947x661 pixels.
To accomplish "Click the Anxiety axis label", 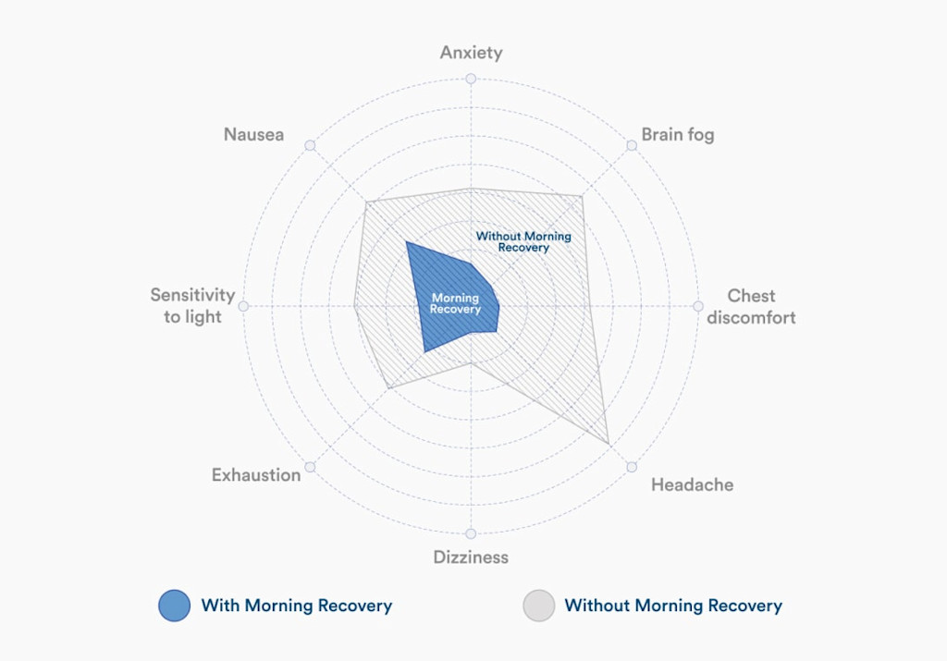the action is (x=471, y=53).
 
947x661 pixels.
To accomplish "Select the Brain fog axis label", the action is (x=678, y=135).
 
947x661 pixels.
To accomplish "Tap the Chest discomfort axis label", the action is (x=751, y=307).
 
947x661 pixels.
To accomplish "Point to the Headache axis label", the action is (x=692, y=484).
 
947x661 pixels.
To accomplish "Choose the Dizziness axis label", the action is (x=471, y=557).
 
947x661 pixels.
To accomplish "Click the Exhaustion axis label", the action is (x=256, y=475).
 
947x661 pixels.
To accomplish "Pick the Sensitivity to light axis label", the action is (x=192, y=306).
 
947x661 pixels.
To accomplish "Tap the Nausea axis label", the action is (x=253, y=135).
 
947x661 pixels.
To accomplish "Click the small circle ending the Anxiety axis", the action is (x=471, y=79).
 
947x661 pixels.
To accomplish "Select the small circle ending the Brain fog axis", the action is (x=632, y=145).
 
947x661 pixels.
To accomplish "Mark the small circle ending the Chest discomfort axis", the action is (x=698, y=306).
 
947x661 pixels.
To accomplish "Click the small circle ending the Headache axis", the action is (x=632, y=467).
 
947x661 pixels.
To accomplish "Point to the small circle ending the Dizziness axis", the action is (x=471, y=533).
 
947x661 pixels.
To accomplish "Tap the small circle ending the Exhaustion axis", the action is (x=310, y=467).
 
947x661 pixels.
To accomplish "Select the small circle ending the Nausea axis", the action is (x=310, y=145).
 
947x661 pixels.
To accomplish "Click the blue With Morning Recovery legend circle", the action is (x=175, y=606).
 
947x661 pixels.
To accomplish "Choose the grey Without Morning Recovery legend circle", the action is (x=539, y=606).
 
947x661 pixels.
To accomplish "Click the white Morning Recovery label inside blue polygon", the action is (x=455, y=303).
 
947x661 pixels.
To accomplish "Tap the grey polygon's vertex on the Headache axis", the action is (x=609, y=445).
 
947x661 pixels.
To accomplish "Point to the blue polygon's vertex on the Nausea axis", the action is (x=407, y=242).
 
